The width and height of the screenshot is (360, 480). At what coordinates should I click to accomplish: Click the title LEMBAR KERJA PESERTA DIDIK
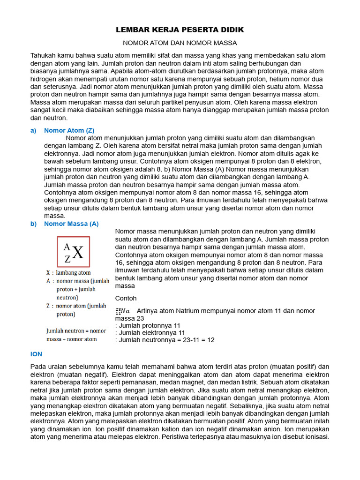[180, 30]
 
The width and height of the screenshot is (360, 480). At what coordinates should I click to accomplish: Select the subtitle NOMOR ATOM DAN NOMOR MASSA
[180, 43]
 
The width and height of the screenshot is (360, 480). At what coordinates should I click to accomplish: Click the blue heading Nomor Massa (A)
[71, 224]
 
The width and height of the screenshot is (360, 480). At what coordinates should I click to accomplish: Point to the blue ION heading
[36, 355]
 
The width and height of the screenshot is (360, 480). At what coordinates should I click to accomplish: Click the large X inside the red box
[78, 253]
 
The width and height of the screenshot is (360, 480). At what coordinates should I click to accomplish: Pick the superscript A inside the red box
[67, 247]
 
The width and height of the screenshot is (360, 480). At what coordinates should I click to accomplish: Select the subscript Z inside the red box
[67, 258]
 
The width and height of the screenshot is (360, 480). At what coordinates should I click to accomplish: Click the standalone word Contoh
[126, 298]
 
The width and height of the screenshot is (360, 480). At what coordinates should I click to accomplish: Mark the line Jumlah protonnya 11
[148, 325]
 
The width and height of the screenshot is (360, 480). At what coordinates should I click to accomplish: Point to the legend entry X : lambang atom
[68, 272]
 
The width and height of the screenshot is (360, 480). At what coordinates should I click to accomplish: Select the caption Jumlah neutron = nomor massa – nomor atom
[76, 335]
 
